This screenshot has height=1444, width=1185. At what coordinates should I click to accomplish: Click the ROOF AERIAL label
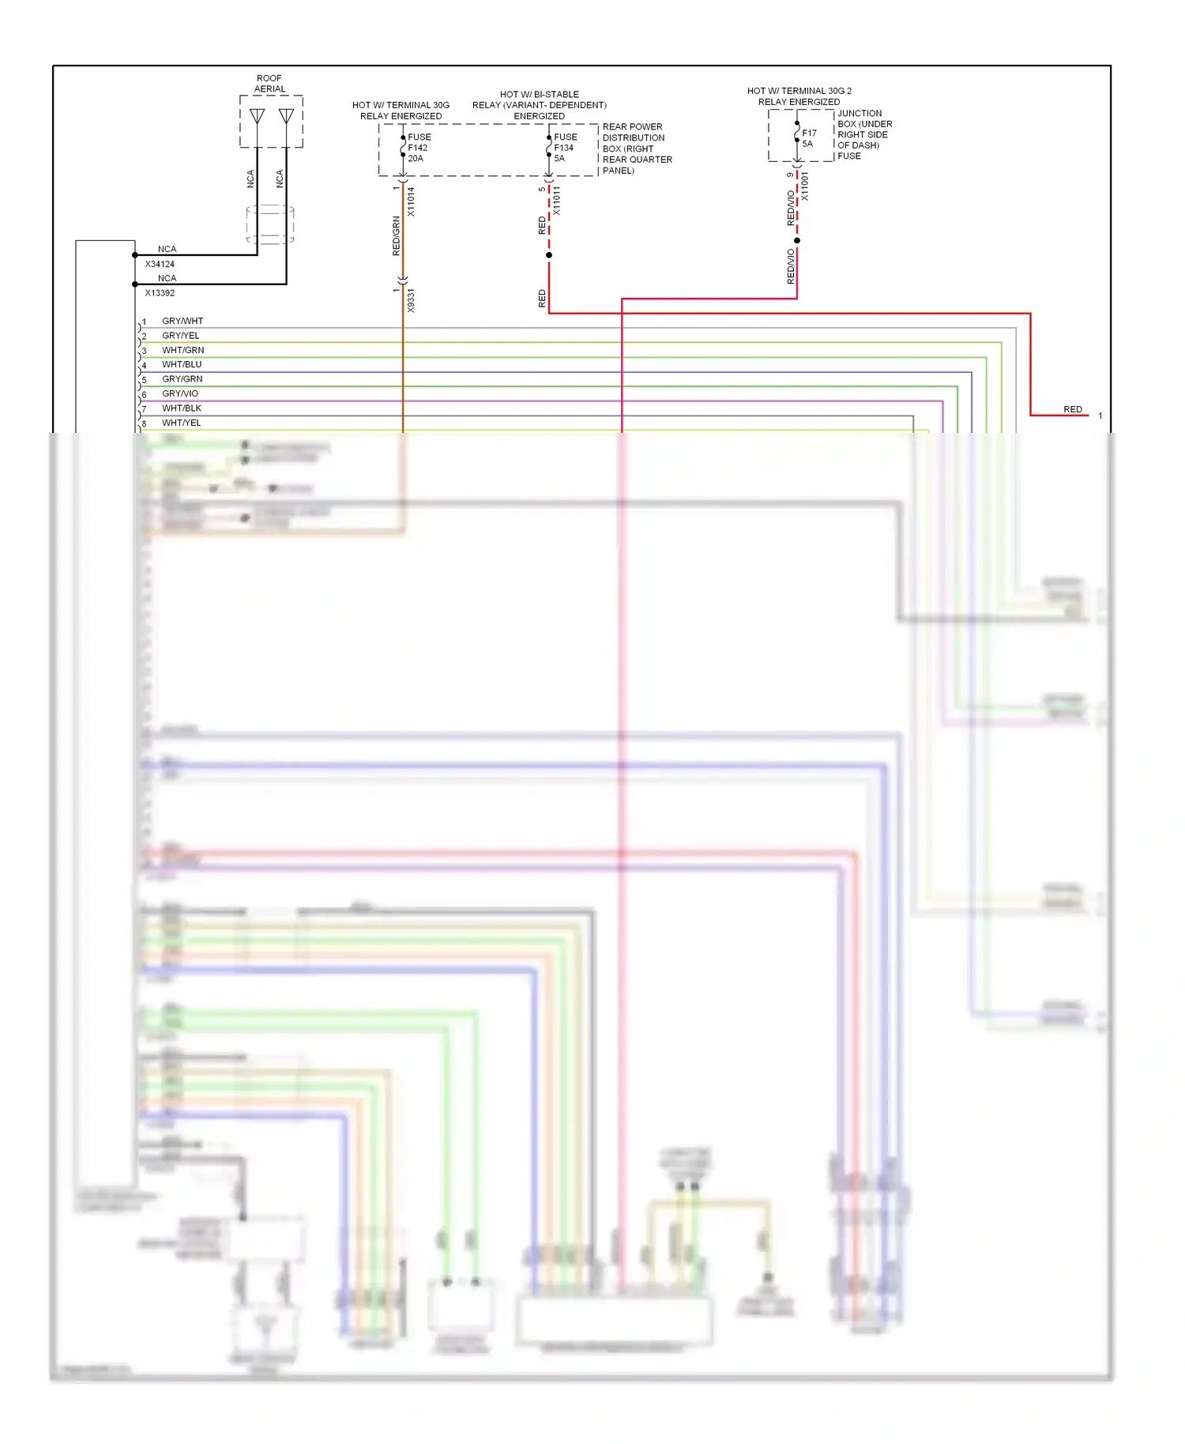269,84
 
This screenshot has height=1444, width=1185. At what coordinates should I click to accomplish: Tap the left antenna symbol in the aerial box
258,117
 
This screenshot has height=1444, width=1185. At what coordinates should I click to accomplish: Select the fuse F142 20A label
419,148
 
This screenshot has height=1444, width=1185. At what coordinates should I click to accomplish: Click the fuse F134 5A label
565,148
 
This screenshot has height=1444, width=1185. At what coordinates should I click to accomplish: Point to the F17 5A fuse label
808,138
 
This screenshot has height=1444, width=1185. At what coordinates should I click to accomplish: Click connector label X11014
411,201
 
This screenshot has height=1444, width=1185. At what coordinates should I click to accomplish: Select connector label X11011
557,201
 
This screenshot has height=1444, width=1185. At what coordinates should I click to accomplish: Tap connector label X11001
805,186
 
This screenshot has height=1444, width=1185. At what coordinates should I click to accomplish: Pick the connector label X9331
411,301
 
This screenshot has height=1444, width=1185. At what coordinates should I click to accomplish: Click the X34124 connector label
160,264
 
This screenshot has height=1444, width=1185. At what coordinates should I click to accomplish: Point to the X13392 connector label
160,293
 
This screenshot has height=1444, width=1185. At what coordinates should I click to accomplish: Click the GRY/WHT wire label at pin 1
182,321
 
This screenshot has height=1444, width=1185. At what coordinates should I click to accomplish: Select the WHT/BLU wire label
182,364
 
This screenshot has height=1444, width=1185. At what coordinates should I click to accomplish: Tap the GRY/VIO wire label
180,393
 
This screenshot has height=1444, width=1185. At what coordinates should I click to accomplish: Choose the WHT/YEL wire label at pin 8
182,423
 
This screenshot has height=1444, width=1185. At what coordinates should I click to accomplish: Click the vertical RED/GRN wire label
397,235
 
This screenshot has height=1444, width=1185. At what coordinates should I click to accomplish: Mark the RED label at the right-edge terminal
1072,409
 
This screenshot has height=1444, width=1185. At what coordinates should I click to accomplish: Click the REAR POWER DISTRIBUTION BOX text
637,149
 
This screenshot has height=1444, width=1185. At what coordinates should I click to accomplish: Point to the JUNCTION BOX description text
864,134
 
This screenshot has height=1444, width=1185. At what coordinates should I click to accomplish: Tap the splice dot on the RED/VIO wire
797,240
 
